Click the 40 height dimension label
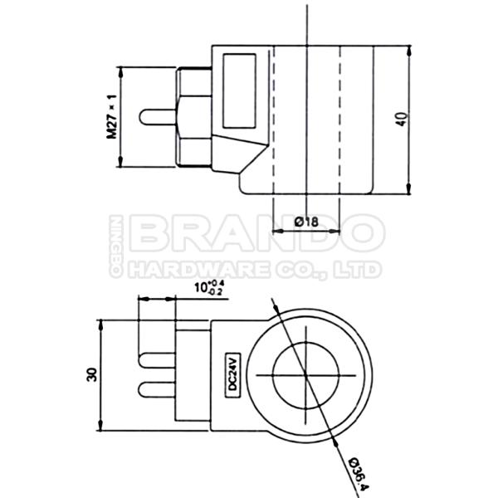(x=403, y=118)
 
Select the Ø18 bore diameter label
(x=307, y=222)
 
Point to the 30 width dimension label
(x=92, y=375)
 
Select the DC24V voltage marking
(x=233, y=376)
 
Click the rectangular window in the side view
(x=239, y=90)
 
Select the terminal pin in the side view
(x=159, y=118)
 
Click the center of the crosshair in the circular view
(x=307, y=375)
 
